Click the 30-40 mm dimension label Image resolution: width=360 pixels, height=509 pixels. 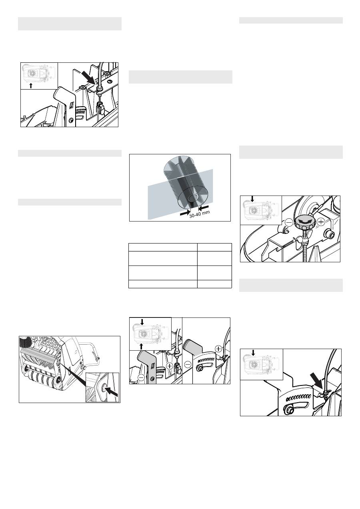point(199,214)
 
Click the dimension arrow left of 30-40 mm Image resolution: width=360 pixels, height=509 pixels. point(185,213)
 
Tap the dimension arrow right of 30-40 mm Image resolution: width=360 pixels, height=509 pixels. point(204,207)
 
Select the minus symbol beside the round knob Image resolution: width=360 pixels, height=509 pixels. point(289,222)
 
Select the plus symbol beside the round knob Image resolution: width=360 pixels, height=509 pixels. point(321,222)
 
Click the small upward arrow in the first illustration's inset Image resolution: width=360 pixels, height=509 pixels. point(31,86)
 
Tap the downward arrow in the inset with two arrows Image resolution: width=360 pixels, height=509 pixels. point(142,322)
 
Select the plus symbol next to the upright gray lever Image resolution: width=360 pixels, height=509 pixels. point(170,366)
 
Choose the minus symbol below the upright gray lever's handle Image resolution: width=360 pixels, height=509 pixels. point(141,377)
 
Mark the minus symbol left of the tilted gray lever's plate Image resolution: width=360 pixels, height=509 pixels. point(188,365)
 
